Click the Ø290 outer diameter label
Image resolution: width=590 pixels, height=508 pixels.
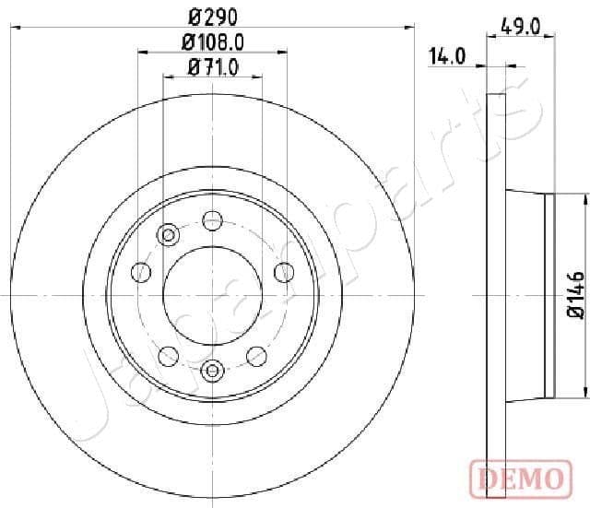(x=212, y=16)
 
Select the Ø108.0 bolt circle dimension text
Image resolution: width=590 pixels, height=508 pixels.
(x=212, y=41)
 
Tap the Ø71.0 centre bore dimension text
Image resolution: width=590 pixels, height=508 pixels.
(x=213, y=66)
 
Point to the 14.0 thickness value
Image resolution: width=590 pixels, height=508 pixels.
(x=445, y=58)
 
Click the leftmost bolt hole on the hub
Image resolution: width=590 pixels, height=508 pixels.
(x=141, y=272)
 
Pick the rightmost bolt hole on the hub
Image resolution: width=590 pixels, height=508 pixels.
(x=284, y=272)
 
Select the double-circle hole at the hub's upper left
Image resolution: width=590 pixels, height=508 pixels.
(x=168, y=235)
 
